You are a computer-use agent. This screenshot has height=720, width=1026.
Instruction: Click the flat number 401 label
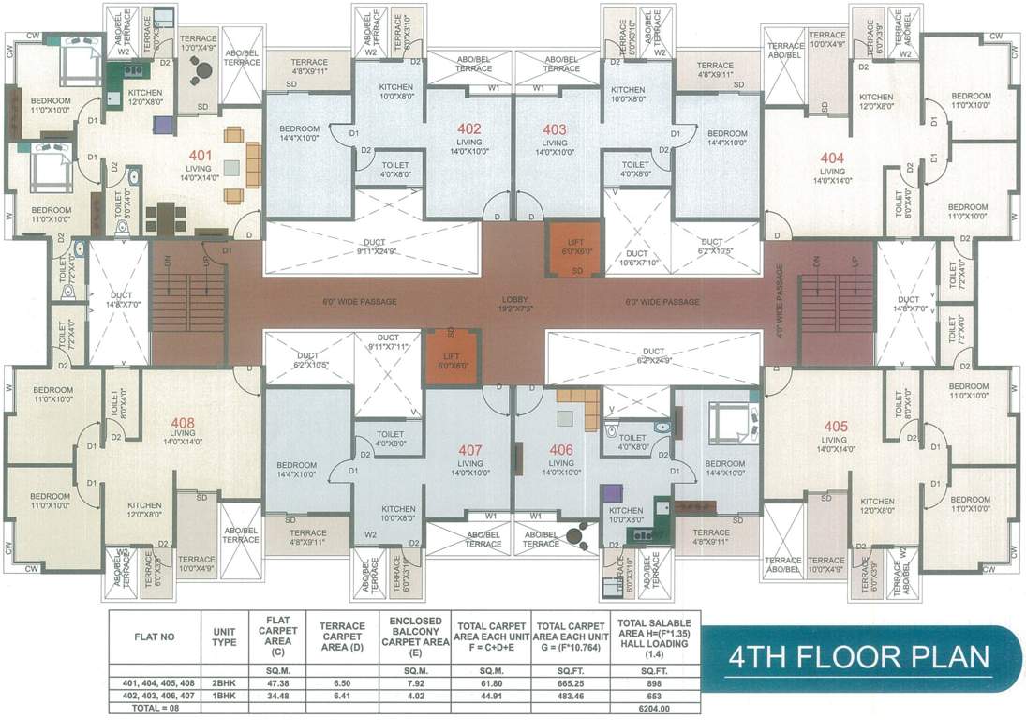201,156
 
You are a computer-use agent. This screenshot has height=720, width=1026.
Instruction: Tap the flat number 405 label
835,427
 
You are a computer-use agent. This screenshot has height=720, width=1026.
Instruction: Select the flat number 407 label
469,449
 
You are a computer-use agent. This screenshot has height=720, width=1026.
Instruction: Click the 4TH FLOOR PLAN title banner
858,655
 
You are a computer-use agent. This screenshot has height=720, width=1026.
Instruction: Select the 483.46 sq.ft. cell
572,697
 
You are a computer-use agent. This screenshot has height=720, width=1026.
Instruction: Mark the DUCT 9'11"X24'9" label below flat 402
374,247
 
